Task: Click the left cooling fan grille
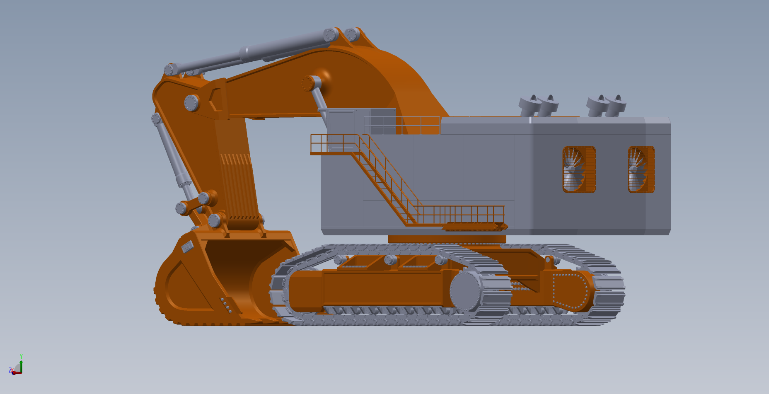pyautogui.click(x=579, y=169)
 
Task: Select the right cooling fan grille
pyautogui.click(x=641, y=169)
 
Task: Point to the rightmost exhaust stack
pyautogui.click(x=616, y=105)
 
